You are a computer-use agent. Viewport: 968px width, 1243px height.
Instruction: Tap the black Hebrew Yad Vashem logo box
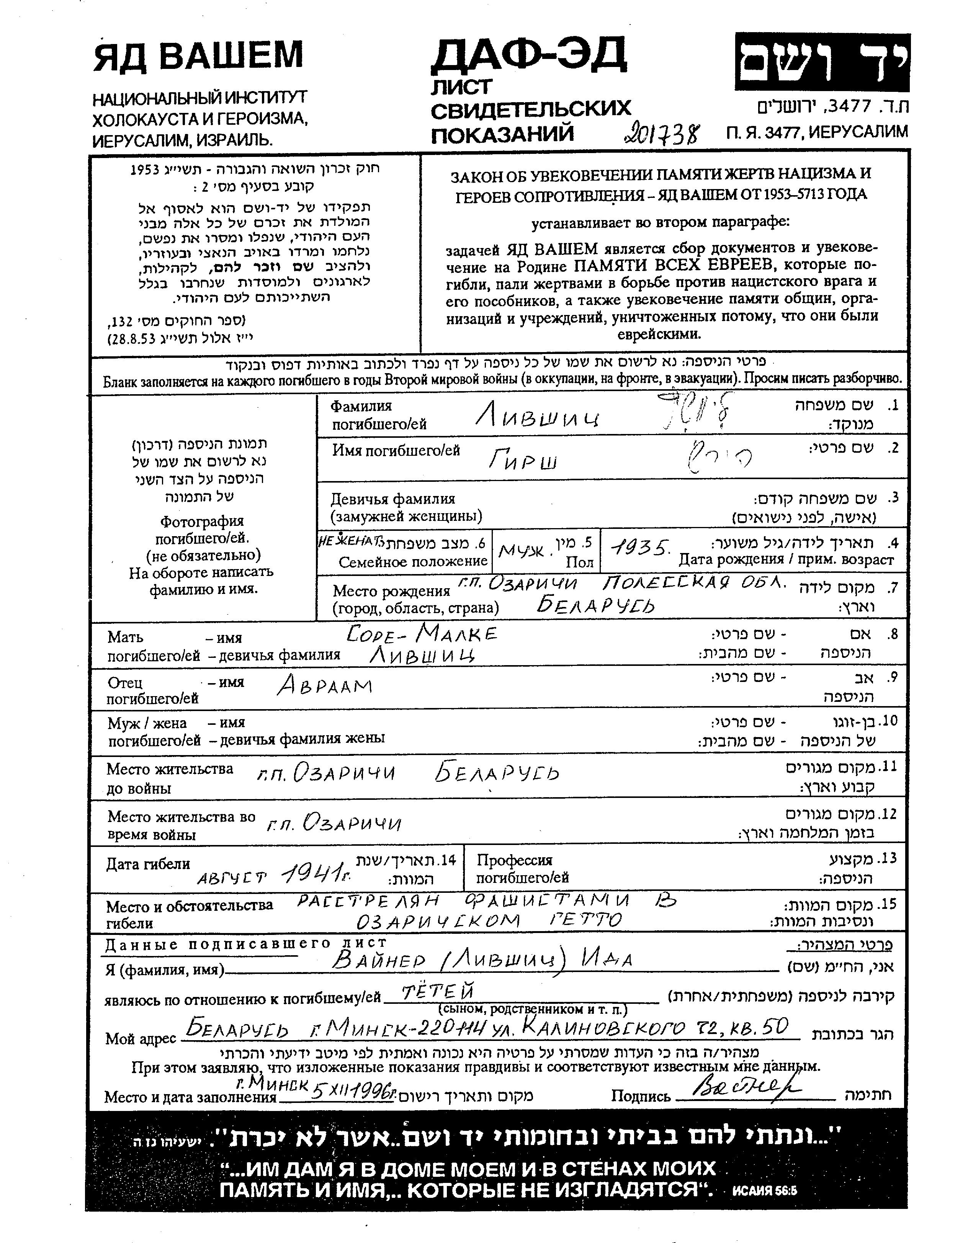point(822,62)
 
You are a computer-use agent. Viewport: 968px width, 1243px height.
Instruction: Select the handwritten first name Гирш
point(523,458)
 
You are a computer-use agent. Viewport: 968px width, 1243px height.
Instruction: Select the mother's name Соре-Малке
point(421,633)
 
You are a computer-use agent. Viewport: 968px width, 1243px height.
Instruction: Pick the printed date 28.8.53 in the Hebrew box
point(135,340)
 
